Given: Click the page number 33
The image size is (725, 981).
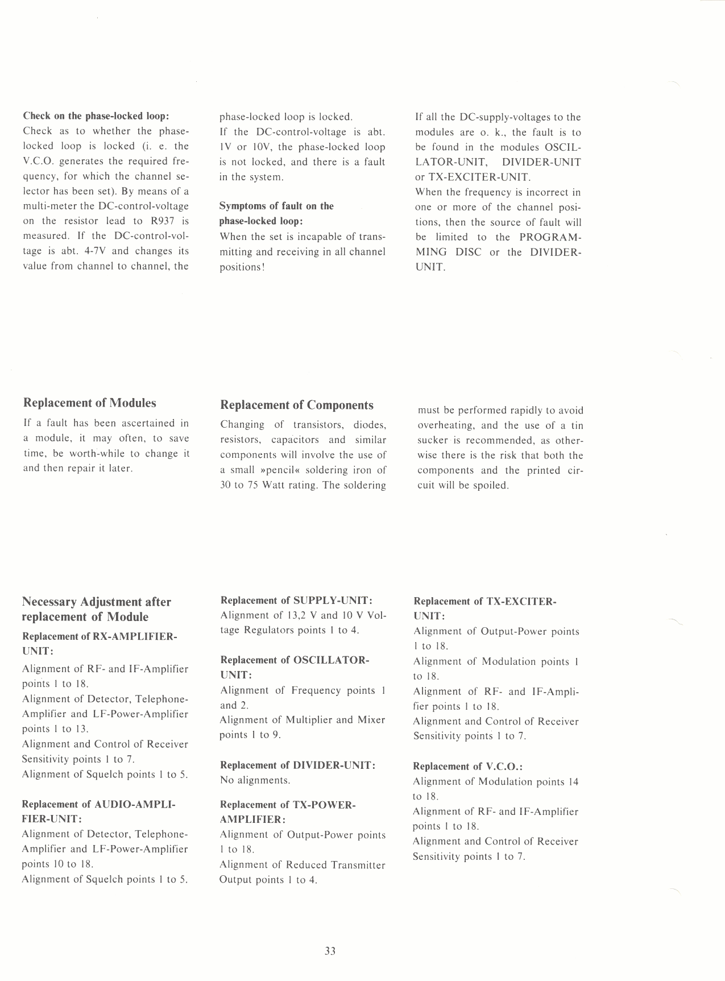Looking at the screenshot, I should (x=330, y=951).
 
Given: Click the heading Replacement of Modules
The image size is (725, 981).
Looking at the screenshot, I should (x=89, y=403).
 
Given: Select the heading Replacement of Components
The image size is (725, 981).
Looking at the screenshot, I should (x=297, y=405).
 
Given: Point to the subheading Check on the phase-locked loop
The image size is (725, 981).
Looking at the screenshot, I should (x=96, y=116).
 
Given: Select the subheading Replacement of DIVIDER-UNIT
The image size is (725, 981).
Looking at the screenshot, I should (x=297, y=765).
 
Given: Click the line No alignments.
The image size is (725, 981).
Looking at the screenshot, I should (x=255, y=780).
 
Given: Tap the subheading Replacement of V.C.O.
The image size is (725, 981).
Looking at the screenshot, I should (x=467, y=767).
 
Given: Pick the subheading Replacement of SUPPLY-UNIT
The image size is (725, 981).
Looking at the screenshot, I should (x=296, y=601).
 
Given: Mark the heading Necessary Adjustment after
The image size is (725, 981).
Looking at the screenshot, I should (x=96, y=602).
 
